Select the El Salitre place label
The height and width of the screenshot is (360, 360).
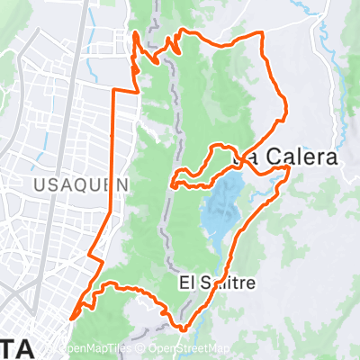tap(217, 283)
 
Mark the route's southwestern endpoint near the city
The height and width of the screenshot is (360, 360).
tap(72, 317)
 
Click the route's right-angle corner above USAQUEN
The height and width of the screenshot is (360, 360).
tap(112, 92)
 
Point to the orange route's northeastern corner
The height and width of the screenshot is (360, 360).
tap(263, 34)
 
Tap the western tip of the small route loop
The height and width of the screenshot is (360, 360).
tap(171, 184)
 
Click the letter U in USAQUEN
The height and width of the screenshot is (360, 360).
tap(37, 184)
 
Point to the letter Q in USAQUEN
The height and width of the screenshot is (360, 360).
tap(82, 184)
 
